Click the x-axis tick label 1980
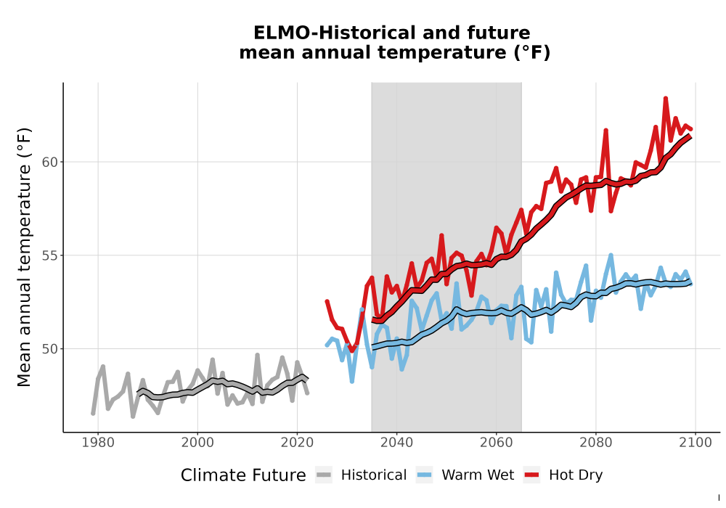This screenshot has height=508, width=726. [x=98, y=443]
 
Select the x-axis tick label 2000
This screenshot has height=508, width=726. [x=197, y=443]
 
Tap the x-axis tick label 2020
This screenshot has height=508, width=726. [x=297, y=443]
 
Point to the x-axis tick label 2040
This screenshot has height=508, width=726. [x=397, y=443]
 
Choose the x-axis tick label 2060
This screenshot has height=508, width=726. [x=497, y=443]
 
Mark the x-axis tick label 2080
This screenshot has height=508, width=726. [x=596, y=443]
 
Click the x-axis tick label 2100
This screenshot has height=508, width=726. [x=696, y=443]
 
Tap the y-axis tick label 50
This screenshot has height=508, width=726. [x=50, y=349]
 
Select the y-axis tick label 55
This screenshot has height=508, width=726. [x=50, y=255]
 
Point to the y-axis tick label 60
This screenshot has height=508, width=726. [x=50, y=162]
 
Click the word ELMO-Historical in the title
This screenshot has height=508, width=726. [x=333, y=33]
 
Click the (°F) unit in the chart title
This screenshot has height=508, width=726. [x=532, y=53]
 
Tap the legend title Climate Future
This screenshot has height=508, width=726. [x=243, y=475]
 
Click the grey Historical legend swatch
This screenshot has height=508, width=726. [x=324, y=475]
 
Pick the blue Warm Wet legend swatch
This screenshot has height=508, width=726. [x=424, y=475]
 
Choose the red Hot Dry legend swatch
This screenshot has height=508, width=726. [x=532, y=475]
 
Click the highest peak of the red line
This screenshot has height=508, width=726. [x=665, y=98]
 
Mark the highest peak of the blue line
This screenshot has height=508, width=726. [x=611, y=255]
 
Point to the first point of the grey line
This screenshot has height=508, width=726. [x=93, y=413]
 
